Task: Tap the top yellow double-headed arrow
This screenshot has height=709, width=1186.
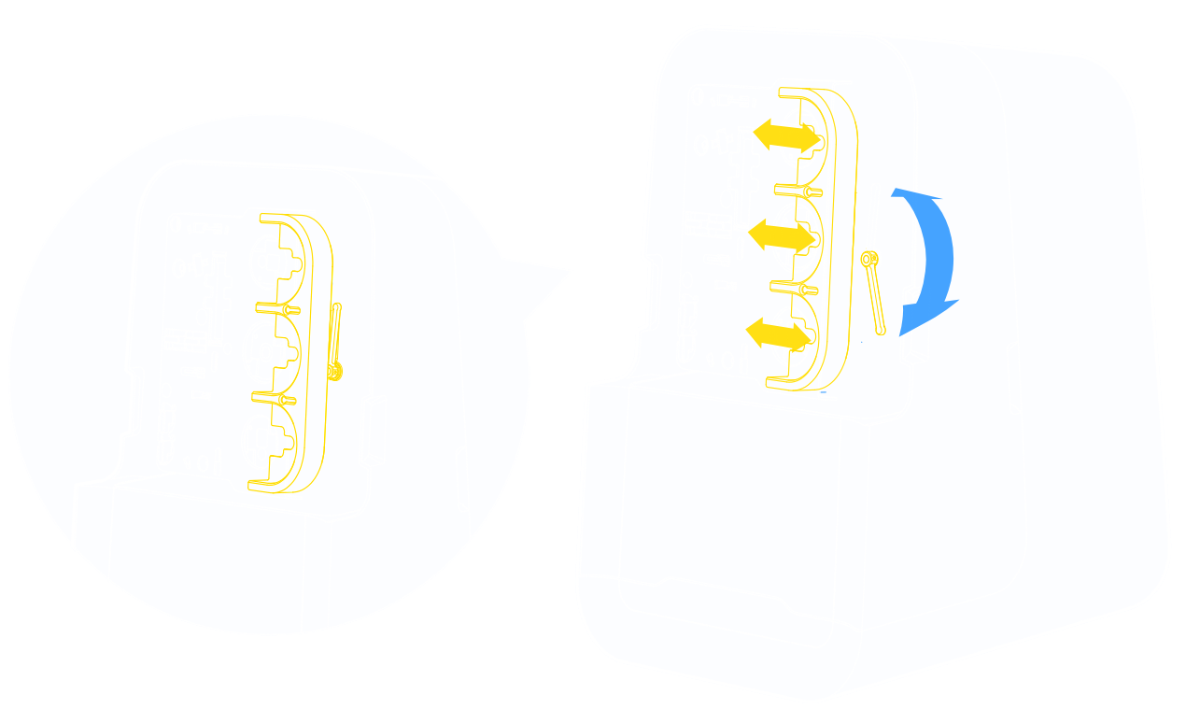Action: pyautogui.click(x=787, y=136)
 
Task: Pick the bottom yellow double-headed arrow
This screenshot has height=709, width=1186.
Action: pyautogui.click(x=778, y=332)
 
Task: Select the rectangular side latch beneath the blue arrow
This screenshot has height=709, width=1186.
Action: pyautogui.click(x=913, y=322)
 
